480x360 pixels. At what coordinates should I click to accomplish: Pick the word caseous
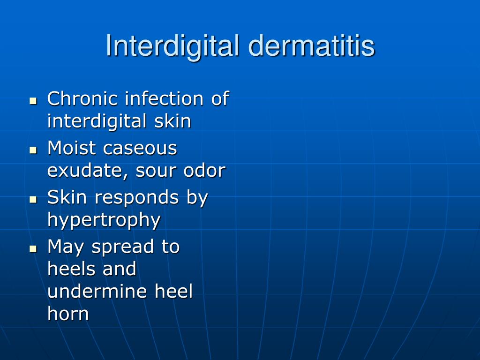tap(140, 148)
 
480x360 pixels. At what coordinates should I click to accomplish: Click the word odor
tap(204, 171)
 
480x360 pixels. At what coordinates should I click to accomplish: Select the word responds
tap(136, 197)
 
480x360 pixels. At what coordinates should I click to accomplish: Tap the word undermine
tap(97, 292)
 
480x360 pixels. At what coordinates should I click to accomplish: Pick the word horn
tap(68, 314)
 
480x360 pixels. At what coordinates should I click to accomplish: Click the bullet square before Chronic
tap(33, 100)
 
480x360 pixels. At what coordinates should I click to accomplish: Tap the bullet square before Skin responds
tap(33, 199)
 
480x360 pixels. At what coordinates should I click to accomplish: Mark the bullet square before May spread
tap(33, 248)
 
